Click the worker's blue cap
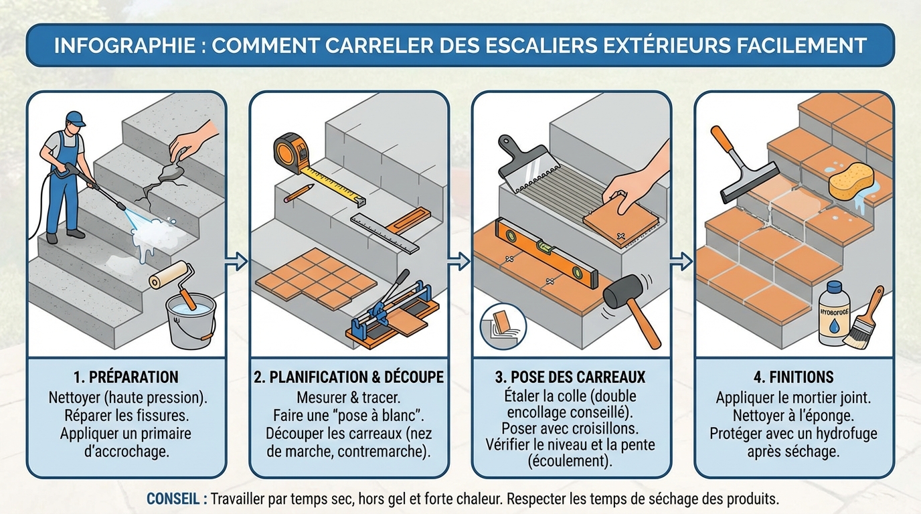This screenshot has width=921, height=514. (76, 119)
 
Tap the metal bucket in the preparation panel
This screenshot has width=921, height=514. (191, 322)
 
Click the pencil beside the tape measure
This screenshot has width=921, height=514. (299, 193)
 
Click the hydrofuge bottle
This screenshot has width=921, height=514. (834, 314)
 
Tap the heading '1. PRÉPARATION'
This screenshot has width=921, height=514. (125, 377)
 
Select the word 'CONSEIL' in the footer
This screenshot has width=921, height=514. (175, 499)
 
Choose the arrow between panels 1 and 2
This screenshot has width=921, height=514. (237, 261)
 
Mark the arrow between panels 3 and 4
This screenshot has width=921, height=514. (681, 261)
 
